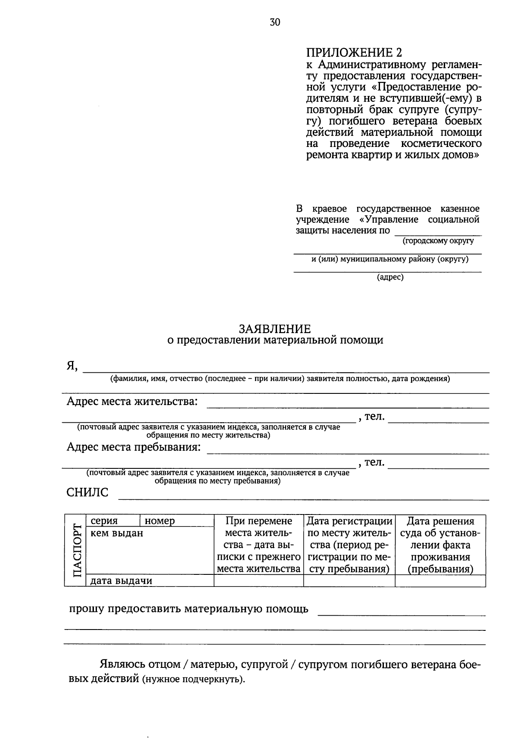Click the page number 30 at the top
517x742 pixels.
pos(275,22)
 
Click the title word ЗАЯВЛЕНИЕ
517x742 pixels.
pos(275,329)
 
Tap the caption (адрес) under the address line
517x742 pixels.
pos(390,277)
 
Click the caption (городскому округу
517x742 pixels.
pos(438,241)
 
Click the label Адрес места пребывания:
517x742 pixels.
pos(134,447)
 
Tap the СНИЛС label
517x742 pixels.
pos(87,493)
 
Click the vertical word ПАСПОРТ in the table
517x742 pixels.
pos(76,550)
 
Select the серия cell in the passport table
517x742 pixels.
pos(104,521)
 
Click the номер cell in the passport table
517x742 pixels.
pos(160,521)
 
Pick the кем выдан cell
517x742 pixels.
pos(117,533)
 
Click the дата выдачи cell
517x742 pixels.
pos(121,580)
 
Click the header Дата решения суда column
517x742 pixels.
pos(440,545)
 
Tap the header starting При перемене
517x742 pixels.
pos(258,545)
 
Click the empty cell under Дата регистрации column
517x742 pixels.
pos(349,580)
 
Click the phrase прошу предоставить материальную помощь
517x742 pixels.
pos(189,609)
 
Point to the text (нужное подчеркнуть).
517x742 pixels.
pos(192,680)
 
